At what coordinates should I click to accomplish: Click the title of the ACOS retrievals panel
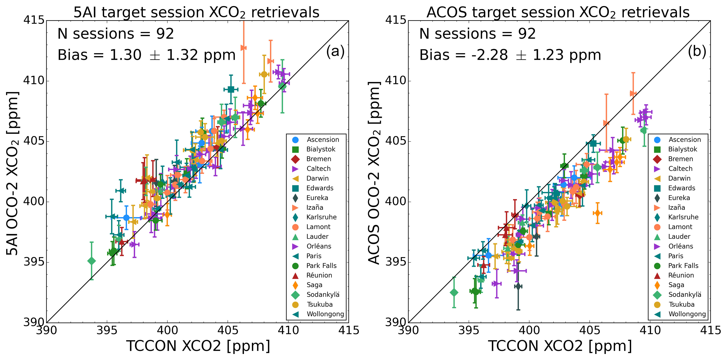[x=558, y=12]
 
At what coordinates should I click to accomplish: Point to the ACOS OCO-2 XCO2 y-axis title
[x=374, y=173]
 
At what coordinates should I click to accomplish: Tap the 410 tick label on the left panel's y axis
[x=34, y=81]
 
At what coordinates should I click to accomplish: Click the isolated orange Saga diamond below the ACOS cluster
[x=597, y=213]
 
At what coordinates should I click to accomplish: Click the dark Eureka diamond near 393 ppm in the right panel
[x=518, y=286]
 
